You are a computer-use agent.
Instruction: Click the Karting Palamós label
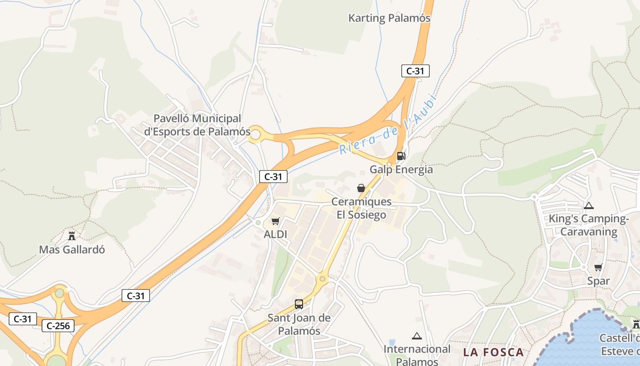click(x=389, y=18)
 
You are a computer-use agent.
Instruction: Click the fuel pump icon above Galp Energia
click(x=401, y=156)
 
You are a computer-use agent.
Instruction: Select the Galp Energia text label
click(x=401, y=170)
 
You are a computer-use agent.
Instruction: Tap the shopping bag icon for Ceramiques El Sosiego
click(x=361, y=188)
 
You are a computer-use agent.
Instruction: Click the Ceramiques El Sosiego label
click(x=361, y=208)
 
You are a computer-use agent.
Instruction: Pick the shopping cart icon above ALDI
click(x=275, y=221)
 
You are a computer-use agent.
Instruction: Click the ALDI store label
click(x=275, y=235)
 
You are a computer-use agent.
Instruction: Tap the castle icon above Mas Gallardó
click(x=72, y=236)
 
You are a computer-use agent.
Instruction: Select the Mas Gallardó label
click(x=72, y=250)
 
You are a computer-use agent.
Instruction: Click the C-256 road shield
click(x=58, y=326)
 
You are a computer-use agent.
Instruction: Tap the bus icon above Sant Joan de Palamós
click(x=299, y=304)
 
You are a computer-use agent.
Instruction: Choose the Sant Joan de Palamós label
click(x=299, y=324)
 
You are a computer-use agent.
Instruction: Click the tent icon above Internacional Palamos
click(x=416, y=336)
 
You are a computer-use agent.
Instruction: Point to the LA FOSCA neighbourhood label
click(x=493, y=352)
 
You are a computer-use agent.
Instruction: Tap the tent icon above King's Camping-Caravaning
click(x=588, y=206)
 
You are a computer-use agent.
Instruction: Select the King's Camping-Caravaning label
click(x=588, y=225)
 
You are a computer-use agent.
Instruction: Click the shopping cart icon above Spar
click(x=598, y=267)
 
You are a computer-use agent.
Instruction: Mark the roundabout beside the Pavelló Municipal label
click(x=256, y=135)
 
